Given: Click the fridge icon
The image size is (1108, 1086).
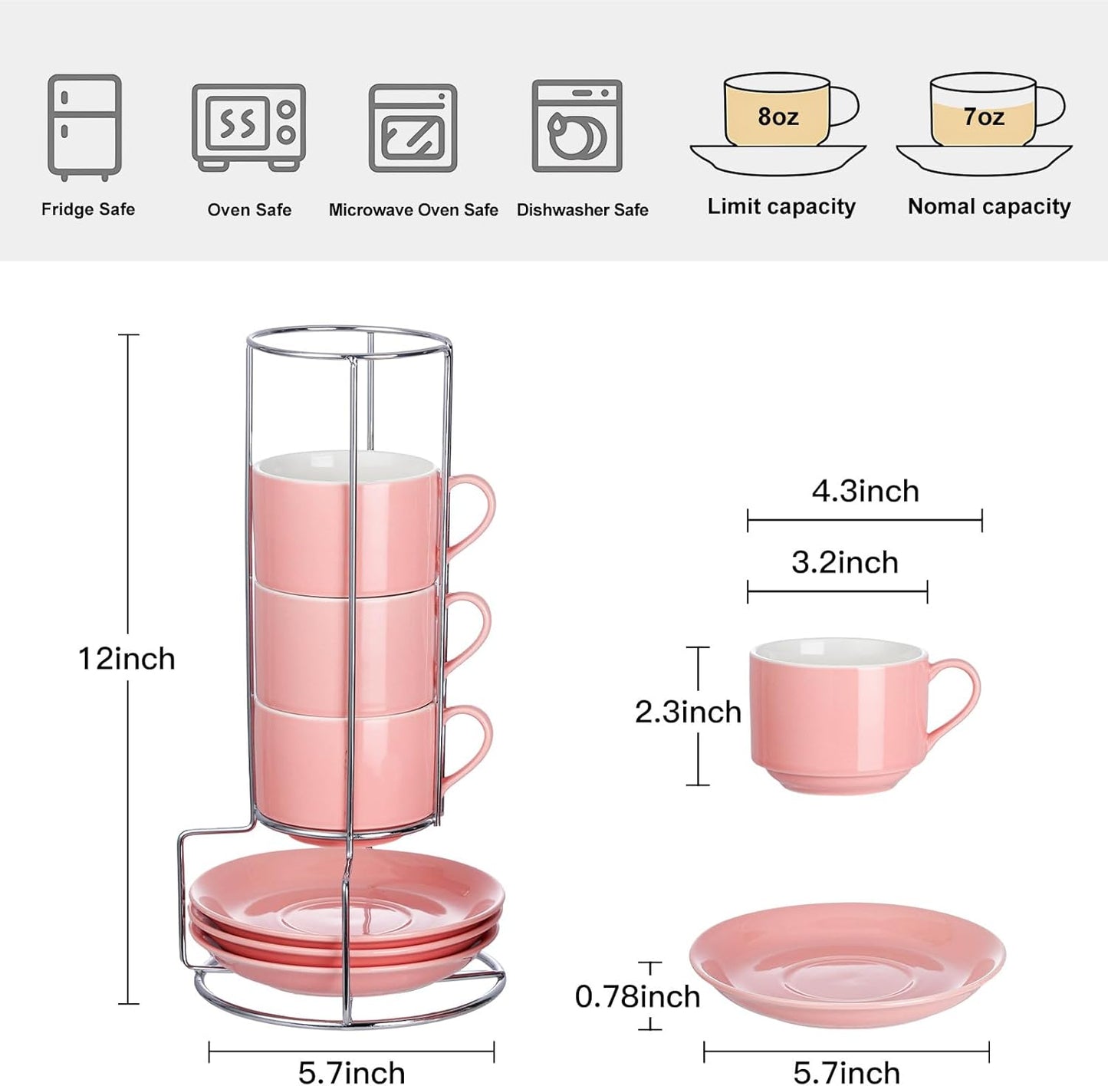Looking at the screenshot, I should pos(84,127).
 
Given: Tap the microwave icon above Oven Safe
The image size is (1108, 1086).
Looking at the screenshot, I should pos(248,127).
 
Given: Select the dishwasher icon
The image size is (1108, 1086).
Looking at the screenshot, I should pos(577,126).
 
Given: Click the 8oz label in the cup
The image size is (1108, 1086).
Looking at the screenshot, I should pos(778,117).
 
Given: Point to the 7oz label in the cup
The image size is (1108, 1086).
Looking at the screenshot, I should pos(983,117).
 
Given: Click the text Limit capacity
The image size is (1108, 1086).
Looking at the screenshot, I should pos(781,206).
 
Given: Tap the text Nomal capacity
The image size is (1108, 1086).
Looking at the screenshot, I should pos(989,206).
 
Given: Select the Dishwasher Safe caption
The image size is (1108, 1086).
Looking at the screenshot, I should pos(582,210).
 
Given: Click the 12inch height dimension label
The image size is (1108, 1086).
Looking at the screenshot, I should pos(127,659).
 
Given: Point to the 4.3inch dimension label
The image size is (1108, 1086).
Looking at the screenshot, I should pos(865,491).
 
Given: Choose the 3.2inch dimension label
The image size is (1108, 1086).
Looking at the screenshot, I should pos(844,562).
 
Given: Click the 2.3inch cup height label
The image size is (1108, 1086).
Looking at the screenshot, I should pos(688,712).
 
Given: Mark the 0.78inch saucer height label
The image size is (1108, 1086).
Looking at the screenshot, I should pos(637,996).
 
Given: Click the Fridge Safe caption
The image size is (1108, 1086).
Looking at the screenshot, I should pos(88,209).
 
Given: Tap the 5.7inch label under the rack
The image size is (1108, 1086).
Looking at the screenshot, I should pos(351,1071).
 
